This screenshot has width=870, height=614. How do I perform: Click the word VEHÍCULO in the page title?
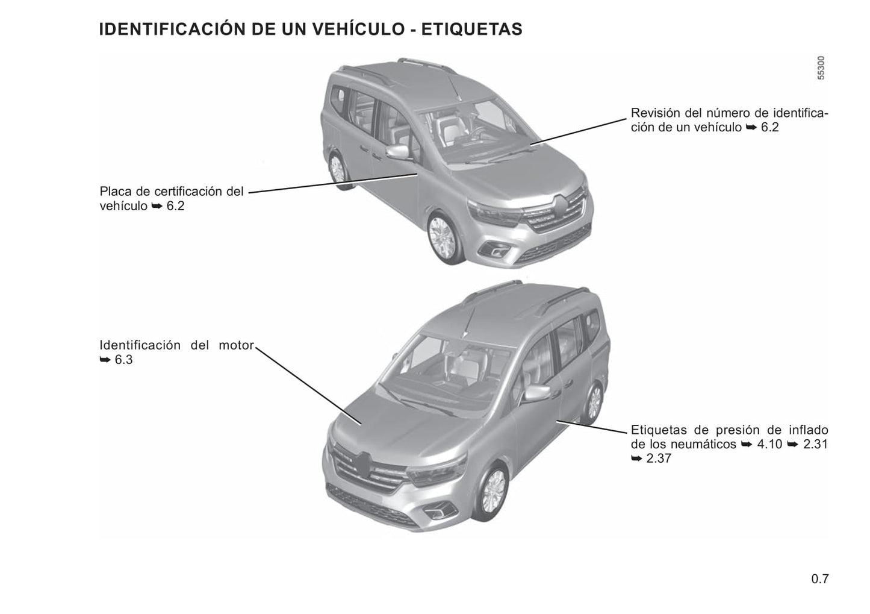point(359,30)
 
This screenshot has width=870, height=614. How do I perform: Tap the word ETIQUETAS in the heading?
point(472,30)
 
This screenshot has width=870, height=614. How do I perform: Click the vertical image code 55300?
point(821,68)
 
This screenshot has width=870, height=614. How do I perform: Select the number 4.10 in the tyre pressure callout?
point(769,444)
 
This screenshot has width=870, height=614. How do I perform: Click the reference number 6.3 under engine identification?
point(123,360)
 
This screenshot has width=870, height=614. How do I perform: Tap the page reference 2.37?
point(659,458)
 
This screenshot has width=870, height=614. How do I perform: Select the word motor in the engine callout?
point(236,345)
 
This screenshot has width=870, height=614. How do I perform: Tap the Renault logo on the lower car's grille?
point(364,464)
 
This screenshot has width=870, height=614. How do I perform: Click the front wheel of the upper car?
point(443,238)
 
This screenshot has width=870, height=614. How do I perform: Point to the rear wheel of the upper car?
point(338,169)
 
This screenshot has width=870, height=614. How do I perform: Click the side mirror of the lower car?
point(537,393)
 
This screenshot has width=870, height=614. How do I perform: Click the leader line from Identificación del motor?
point(308,386)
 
